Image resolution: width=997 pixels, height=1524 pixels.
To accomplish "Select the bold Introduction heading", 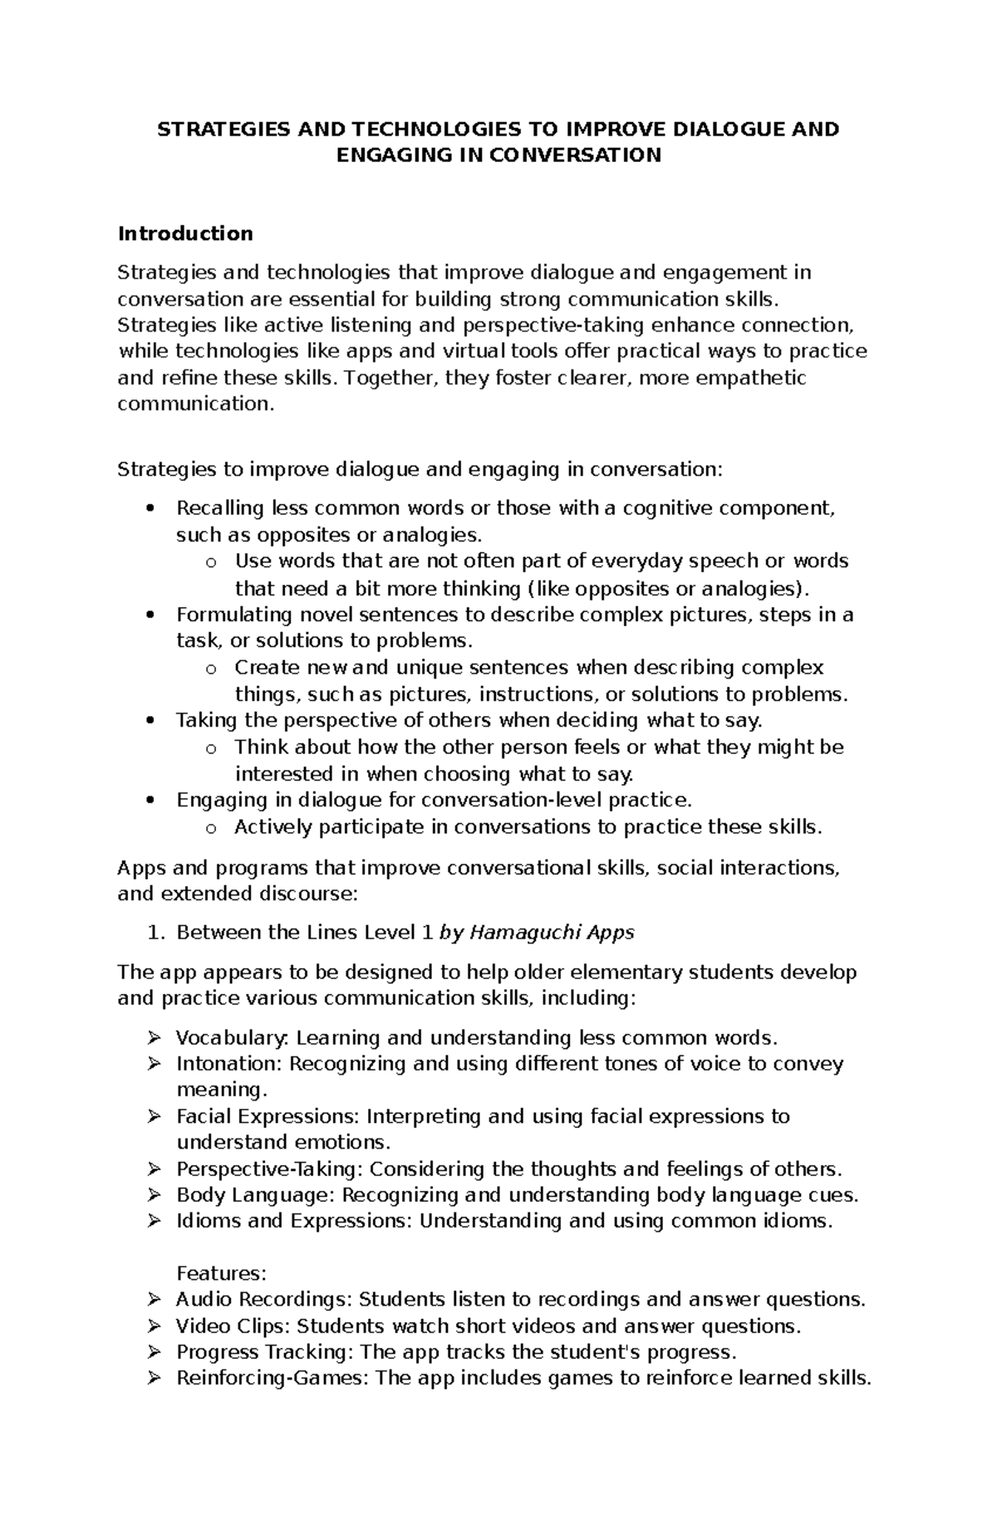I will [x=185, y=233].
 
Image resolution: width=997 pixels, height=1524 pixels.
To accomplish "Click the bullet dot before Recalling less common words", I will [x=150, y=508].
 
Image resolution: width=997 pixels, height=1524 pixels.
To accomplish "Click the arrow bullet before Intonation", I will [x=154, y=1064].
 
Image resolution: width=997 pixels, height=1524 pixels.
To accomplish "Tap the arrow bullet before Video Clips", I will [x=154, y=1326].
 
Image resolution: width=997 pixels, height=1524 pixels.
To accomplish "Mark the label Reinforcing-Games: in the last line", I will [x=273, y=1379].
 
